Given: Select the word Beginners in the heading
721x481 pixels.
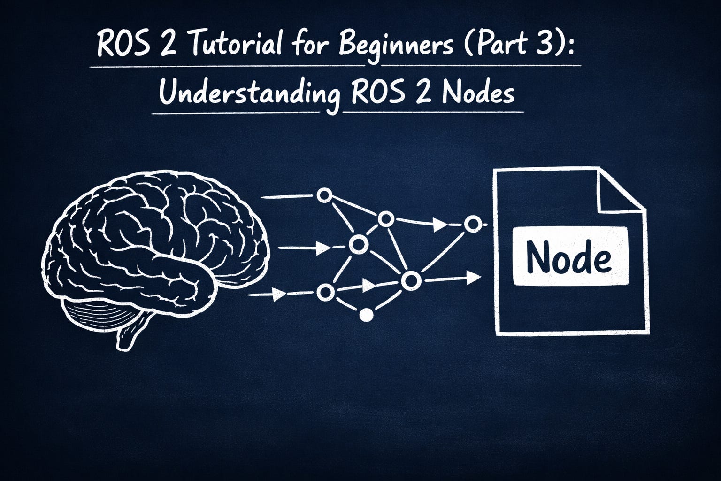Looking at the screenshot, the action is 395,45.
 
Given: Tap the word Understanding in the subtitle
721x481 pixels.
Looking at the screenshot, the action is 250,92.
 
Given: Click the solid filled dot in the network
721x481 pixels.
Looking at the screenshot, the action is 366,315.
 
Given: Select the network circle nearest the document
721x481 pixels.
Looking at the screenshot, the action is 473,224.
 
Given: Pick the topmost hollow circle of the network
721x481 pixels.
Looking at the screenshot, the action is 324,195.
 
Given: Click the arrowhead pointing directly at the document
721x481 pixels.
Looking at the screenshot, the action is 474,278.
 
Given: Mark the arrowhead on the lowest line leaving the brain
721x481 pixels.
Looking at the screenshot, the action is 279,294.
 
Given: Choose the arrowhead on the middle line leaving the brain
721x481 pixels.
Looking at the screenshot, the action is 322,248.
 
